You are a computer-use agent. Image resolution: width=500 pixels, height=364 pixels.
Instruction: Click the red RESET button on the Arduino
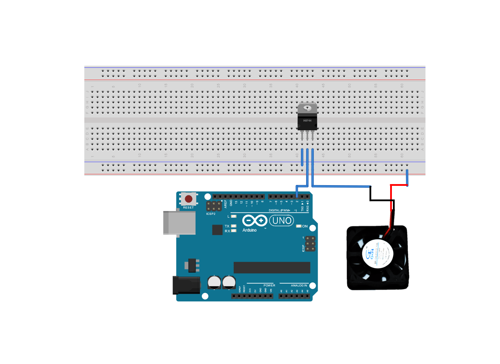click(x=188, y=199)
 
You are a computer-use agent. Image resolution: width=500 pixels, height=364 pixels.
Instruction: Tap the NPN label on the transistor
click(x=307, y=121)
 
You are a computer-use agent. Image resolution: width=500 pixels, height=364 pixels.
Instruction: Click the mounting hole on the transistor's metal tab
click(x=307, y=108)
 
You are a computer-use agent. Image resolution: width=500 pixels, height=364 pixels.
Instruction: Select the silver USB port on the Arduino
click(x=179, y=223)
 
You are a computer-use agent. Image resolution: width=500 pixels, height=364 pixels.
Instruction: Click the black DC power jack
click(x=186, y=285)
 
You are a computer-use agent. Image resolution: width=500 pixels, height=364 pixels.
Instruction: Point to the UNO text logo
click(x=282, y=221)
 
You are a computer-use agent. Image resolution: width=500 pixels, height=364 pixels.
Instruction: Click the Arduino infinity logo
click(x=255, y=221)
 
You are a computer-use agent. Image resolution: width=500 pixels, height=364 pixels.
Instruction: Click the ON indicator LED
click(x=298, y=226)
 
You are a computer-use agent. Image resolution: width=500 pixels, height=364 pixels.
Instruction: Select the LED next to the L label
click(x=234, y=217)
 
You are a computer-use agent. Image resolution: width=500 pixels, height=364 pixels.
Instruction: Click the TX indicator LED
click(x=234, y=226)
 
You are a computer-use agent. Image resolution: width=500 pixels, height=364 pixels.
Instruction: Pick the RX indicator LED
click(x=234, y=231)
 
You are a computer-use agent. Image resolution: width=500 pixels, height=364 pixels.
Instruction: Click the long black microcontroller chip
click(x=272, y=268)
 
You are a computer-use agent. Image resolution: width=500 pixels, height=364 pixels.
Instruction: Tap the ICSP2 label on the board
click(x=211, y=214)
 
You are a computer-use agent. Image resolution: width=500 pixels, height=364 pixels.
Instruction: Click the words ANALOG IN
click(x=299, y=285)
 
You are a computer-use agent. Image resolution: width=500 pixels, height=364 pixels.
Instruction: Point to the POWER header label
click(x=269, y=285)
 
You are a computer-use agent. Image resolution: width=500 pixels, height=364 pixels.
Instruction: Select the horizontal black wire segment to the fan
click(x=382, y=200)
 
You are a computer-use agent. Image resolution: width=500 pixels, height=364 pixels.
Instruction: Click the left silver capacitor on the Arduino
click(x=214, y=282)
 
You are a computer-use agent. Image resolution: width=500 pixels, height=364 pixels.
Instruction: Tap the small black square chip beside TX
click(x=217, y=230)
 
